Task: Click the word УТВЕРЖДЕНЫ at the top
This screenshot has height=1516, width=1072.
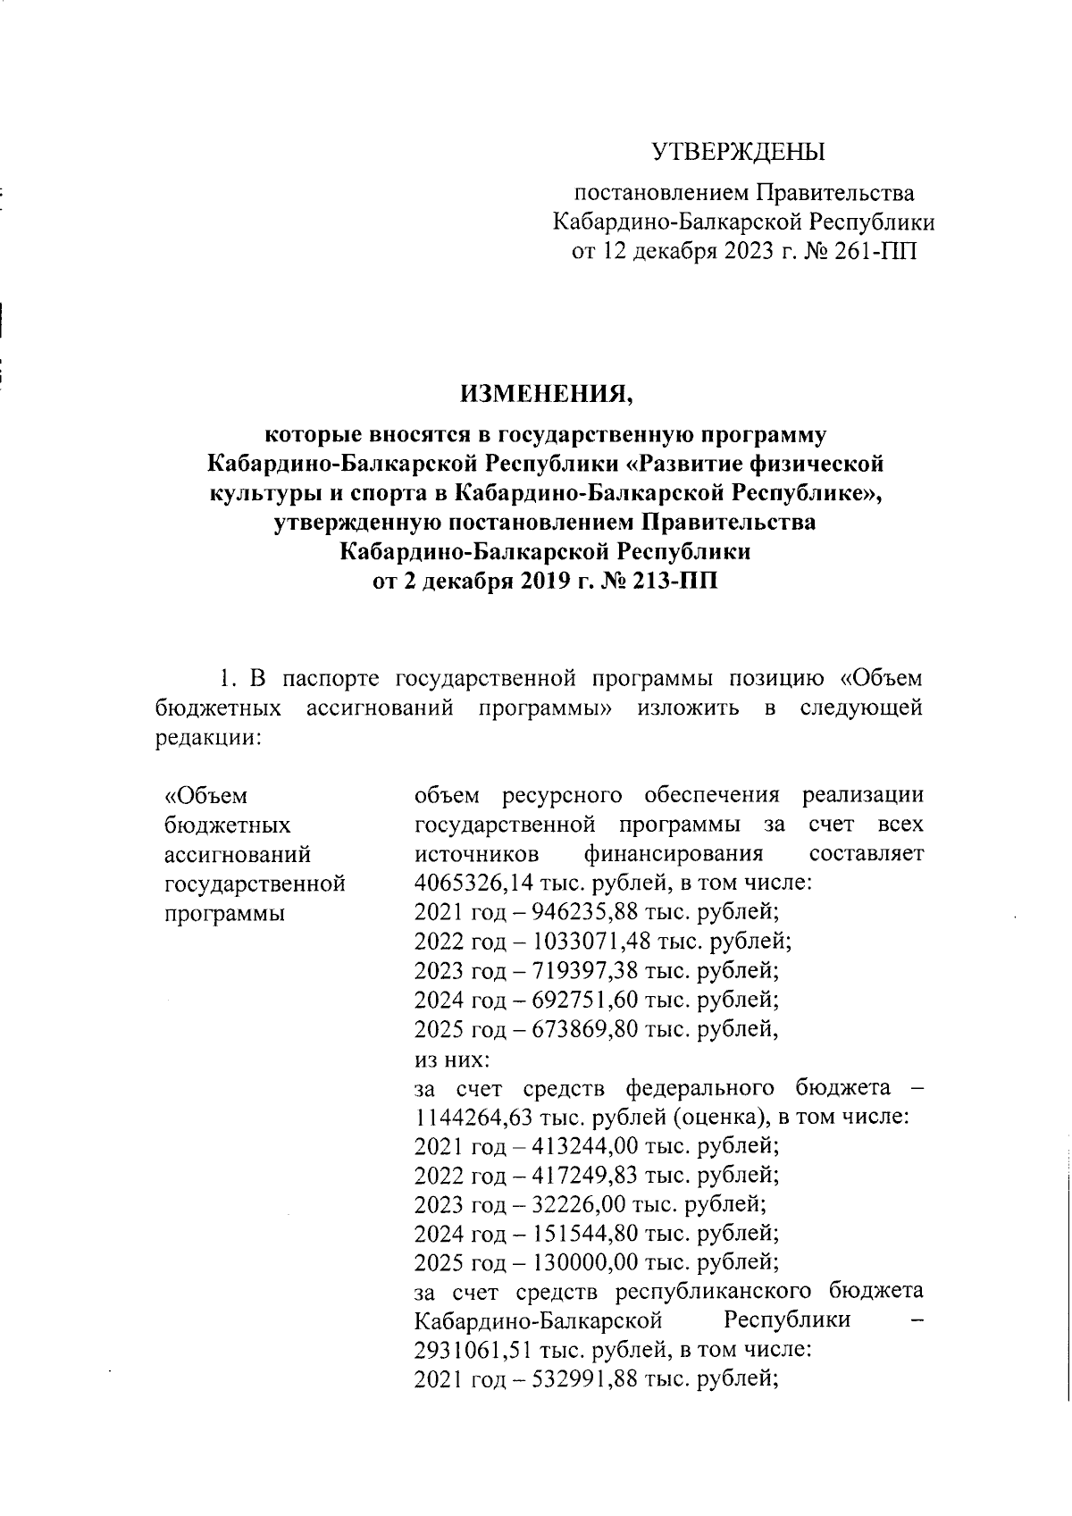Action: click(737, 152)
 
